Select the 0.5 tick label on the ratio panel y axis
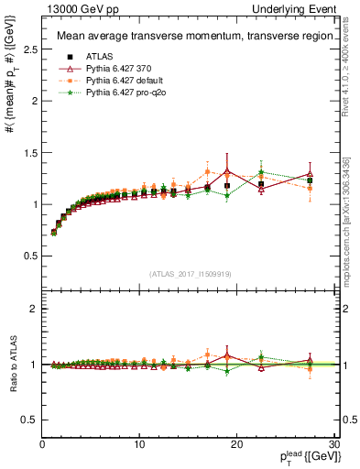pyautogui.click(x=30, y=420)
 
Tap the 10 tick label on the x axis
pyautogui.click(x=139, y=444)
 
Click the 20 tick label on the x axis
pyautogui.click(x=236, y=444)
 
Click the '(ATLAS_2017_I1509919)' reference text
pyautogui.click(x=189, y=273)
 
